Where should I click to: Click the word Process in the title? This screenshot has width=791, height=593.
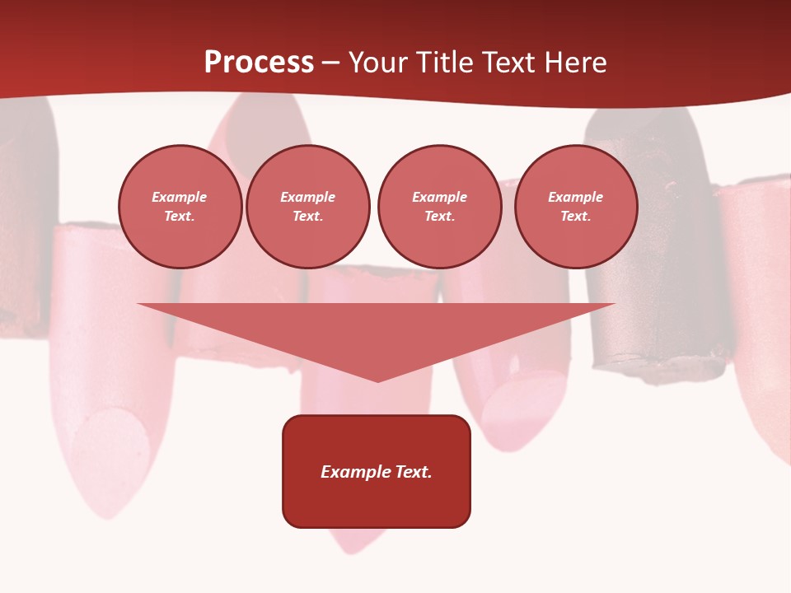(259, 63)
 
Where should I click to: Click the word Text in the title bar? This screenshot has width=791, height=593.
(509, 63)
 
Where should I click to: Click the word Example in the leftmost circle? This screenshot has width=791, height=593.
(180, 197)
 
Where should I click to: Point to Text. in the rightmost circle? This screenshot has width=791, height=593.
(575, 217)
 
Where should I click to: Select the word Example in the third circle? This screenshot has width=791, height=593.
(439, 197)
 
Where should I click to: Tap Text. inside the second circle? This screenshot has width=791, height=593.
(307, 217)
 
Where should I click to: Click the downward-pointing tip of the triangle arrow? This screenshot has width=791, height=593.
(377, 379)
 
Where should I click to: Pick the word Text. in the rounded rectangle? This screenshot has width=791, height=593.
(414, 472)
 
